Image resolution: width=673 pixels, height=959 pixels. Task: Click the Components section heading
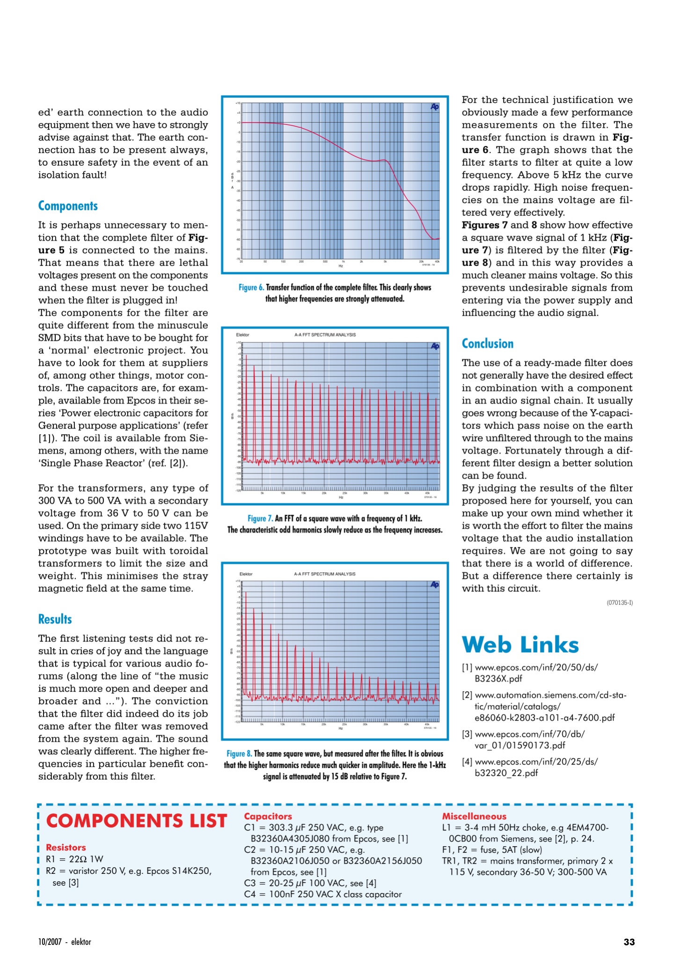pyautogui.click(x=68, y=206)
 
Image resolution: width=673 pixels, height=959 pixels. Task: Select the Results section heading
pyautogui.click(x=55, y=619)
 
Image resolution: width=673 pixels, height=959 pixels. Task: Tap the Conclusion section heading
pyautogui.click(x=487, y=344)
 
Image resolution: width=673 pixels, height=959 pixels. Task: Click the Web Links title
pyautogui.click(x=520, y=645)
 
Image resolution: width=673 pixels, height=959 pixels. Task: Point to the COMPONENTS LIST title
pyautogui.click(x=137, y=821)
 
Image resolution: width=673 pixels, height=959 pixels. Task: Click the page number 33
pyautogui.click(x=629, y=942)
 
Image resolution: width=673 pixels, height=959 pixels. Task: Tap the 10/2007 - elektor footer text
pyautogui.click(x=65, y=942)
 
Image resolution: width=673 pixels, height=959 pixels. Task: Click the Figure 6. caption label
pyautogui.click(x=251, y=288)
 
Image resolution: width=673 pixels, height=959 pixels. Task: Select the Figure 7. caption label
pyautogui.click(x=260, y=518)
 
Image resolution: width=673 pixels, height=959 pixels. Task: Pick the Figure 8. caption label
pyautogui.click(x=239, y=753)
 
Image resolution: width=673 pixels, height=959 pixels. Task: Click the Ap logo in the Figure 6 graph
pyautogui.click(x=435, y=107)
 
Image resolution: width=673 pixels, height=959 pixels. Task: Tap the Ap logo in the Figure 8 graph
pyautogui.click(x=435, y=584)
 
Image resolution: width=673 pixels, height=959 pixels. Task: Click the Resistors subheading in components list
pyautogui.click(x=66, y=848)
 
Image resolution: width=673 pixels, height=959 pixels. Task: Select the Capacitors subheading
pyautogui.click(x=268, y=816)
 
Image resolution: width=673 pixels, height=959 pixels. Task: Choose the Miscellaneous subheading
pyautogui.click(x=474, y=816)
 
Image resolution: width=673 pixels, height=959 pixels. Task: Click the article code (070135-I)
pyautogui.click(x=620, y=603)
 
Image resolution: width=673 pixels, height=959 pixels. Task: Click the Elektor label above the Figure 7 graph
pyautogui.click(x=242, y=335)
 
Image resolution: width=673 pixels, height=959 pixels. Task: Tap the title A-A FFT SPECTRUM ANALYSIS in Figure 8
pyautogui.click(x=324, y=574)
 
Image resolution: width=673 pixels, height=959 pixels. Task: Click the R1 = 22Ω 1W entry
pyautogui.click(x=74, y=859)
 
